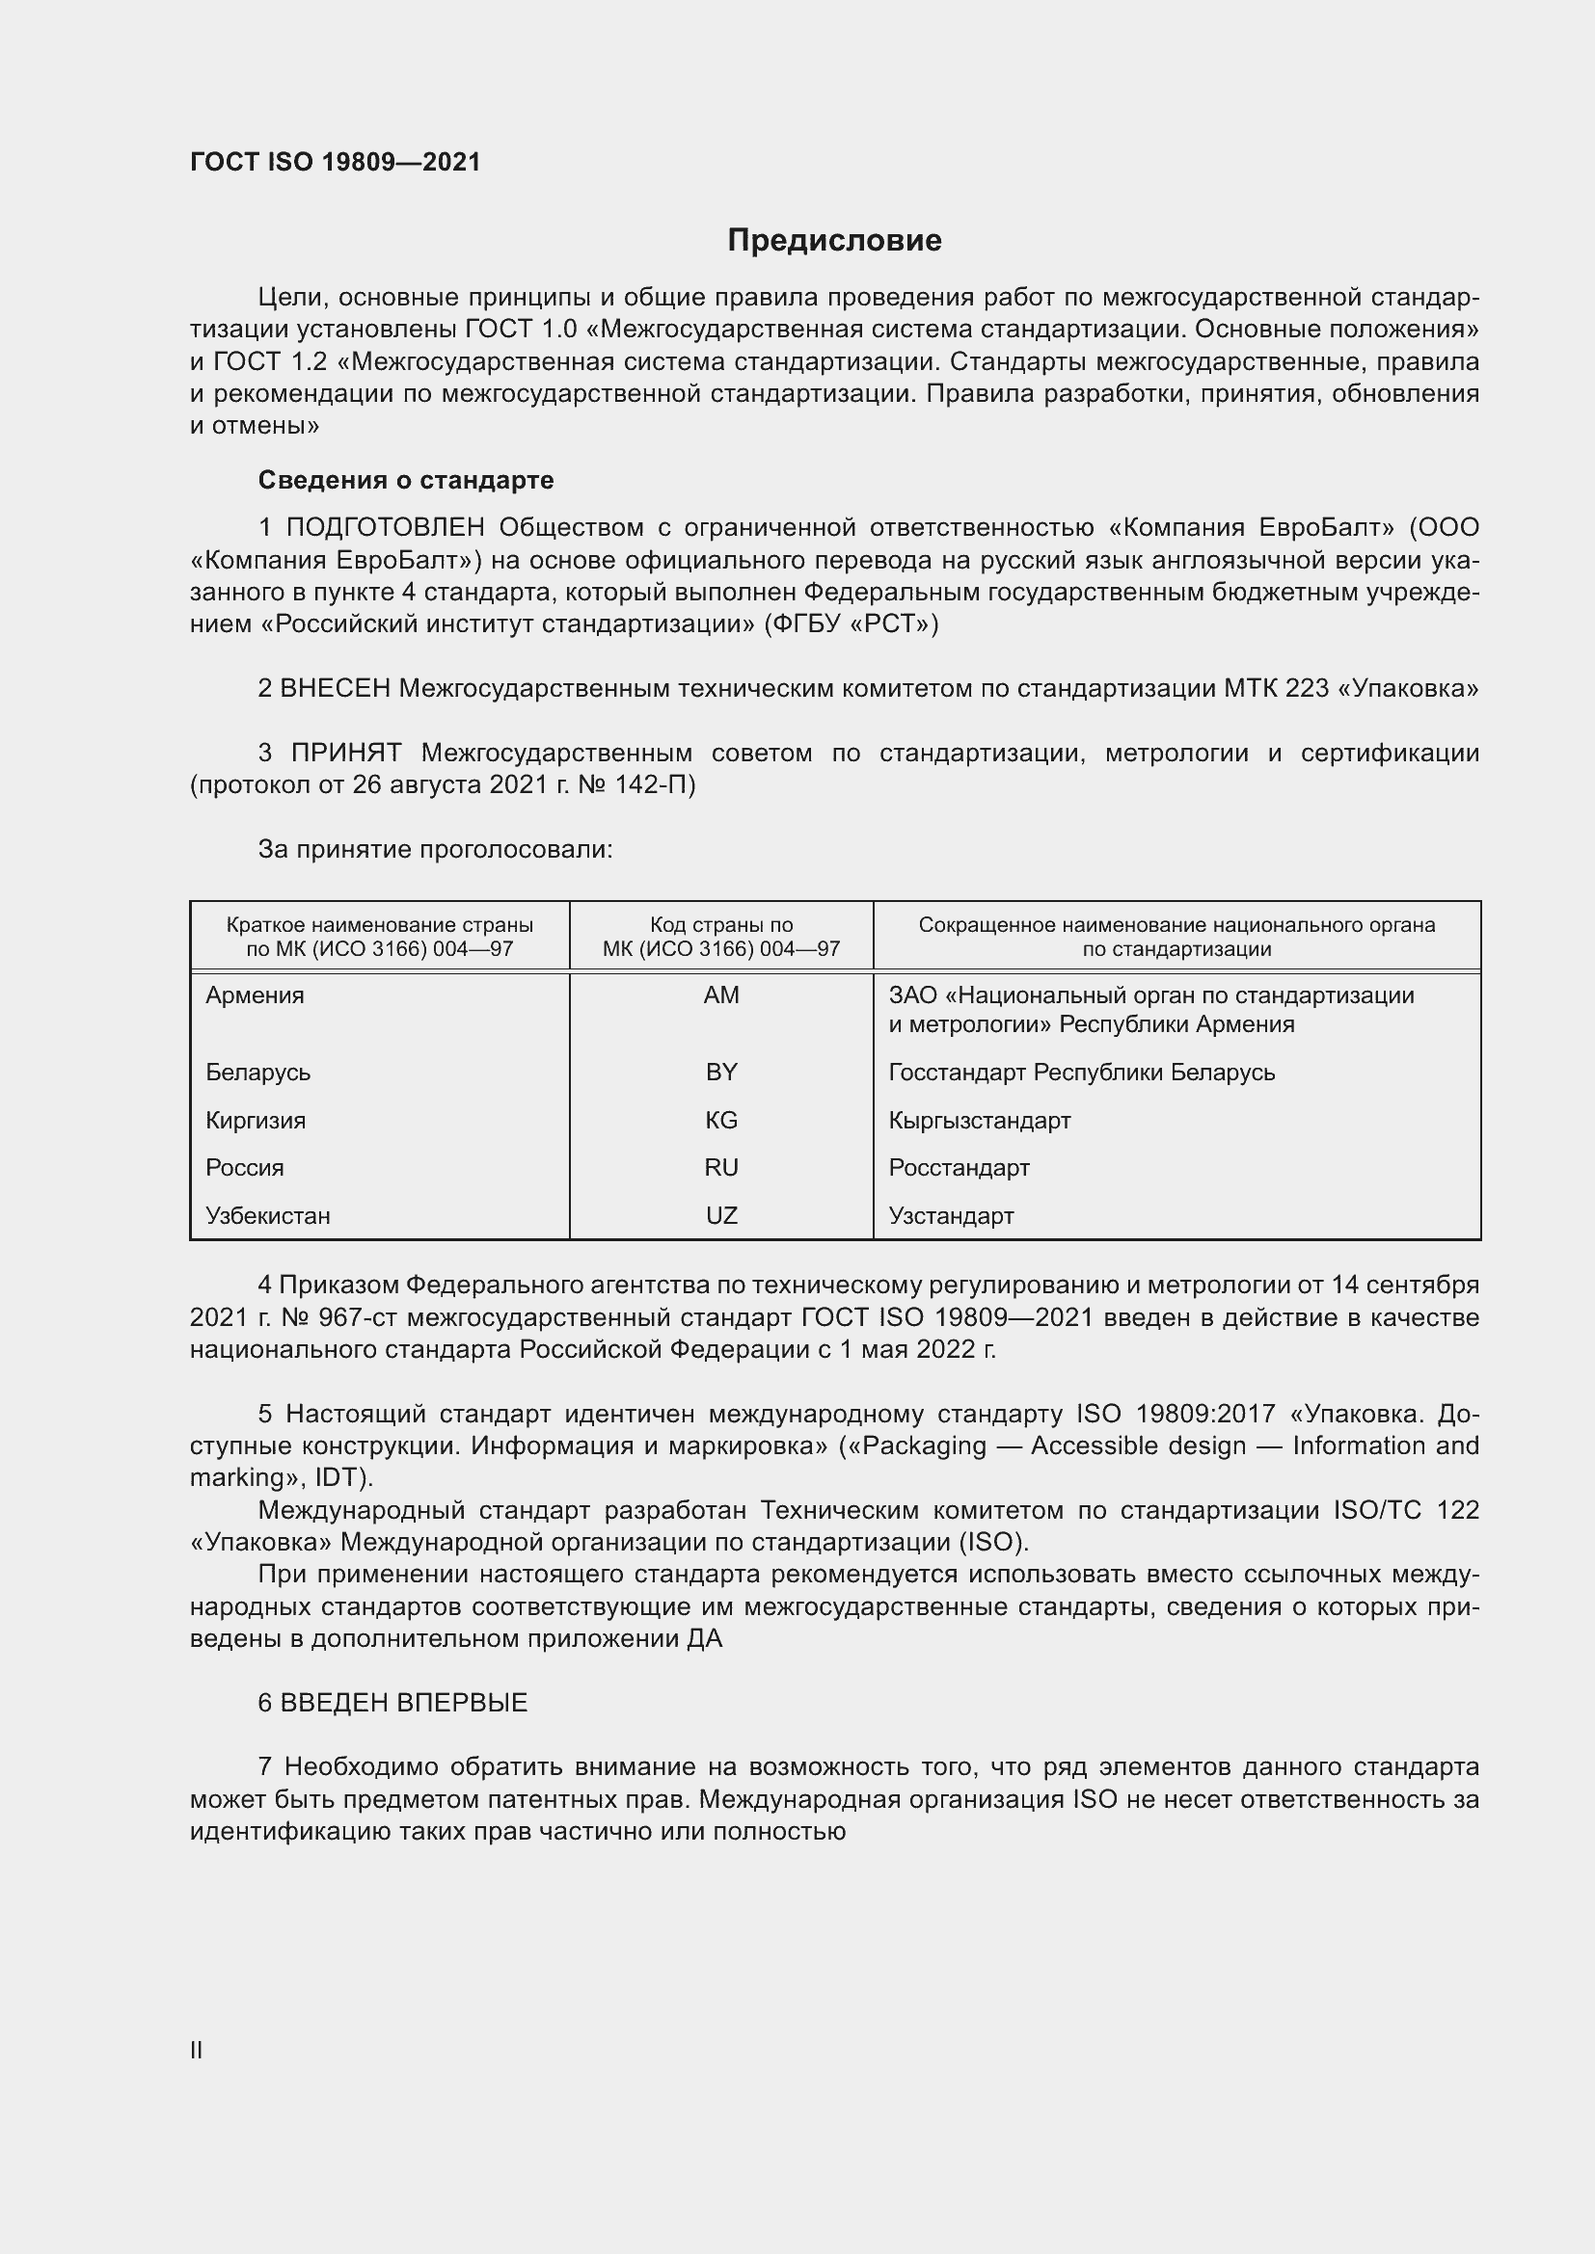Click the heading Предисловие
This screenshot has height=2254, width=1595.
click(834, 241)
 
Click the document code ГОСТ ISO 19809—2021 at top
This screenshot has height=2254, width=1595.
click(335, 162)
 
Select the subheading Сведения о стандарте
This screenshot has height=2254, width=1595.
click(406, 480)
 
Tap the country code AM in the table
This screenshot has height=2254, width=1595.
click(721, 995)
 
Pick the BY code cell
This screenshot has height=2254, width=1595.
click(721, 1072)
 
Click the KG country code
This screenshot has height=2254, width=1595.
click(721, 1120)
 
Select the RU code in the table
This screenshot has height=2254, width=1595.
click(721, 1167)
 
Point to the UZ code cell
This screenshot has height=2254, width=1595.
click(721, 1215)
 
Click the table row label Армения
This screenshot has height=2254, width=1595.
click(255, 995)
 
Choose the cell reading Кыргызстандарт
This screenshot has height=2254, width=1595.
click(979, 1120)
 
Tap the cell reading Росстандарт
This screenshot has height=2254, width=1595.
click(959, 1167)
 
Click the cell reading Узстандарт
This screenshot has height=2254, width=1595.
click(951, 1215)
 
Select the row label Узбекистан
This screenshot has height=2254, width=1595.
click(267, 1215)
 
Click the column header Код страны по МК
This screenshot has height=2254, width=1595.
click(721, 937)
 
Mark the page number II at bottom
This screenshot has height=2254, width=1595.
click(197, 2050)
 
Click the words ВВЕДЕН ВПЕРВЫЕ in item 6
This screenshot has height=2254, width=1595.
click(404, 1703)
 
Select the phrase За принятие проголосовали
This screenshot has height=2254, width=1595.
click(435, 849)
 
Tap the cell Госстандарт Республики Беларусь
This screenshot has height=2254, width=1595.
click(1081, 1072)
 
